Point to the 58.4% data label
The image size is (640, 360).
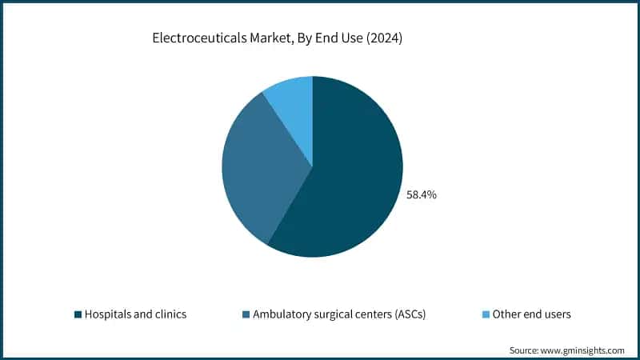pos(422,194)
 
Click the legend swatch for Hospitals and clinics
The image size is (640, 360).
pos(78,314)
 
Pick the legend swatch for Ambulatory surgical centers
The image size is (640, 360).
pos(246,314)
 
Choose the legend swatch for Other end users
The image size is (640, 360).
pos(486,314)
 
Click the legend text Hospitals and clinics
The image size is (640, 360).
pos(135,314)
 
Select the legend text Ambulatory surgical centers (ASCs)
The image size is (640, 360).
pos(339,314)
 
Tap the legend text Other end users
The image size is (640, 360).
pos(532,314)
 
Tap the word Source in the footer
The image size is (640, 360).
pos(526,350)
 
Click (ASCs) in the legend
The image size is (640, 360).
pos(409,314)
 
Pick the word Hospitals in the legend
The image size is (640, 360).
pos(110,314)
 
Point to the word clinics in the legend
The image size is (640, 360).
pos(170,314)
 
